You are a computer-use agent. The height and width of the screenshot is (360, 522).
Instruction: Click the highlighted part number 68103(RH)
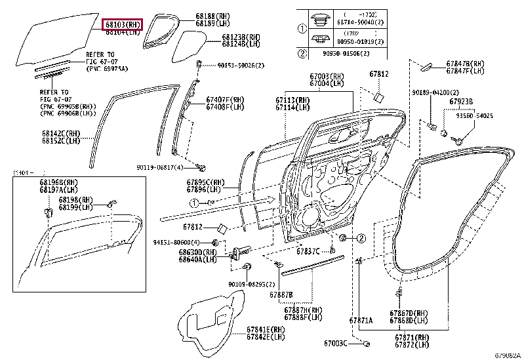pos(122,25)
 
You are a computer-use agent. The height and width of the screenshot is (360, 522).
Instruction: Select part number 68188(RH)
pos(214,15)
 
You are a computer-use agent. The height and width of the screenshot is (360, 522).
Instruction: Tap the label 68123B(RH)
pos(241,37)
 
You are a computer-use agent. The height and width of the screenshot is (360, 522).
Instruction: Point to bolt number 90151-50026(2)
pos(241,66)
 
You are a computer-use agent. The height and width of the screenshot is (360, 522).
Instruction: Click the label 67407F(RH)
pos(225,100)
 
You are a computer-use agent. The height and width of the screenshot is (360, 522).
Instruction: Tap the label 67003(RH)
pos(328,77)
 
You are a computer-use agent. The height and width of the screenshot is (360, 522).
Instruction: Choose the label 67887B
pos(281,294)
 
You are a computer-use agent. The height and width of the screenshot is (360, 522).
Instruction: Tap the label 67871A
pos(361,320)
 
